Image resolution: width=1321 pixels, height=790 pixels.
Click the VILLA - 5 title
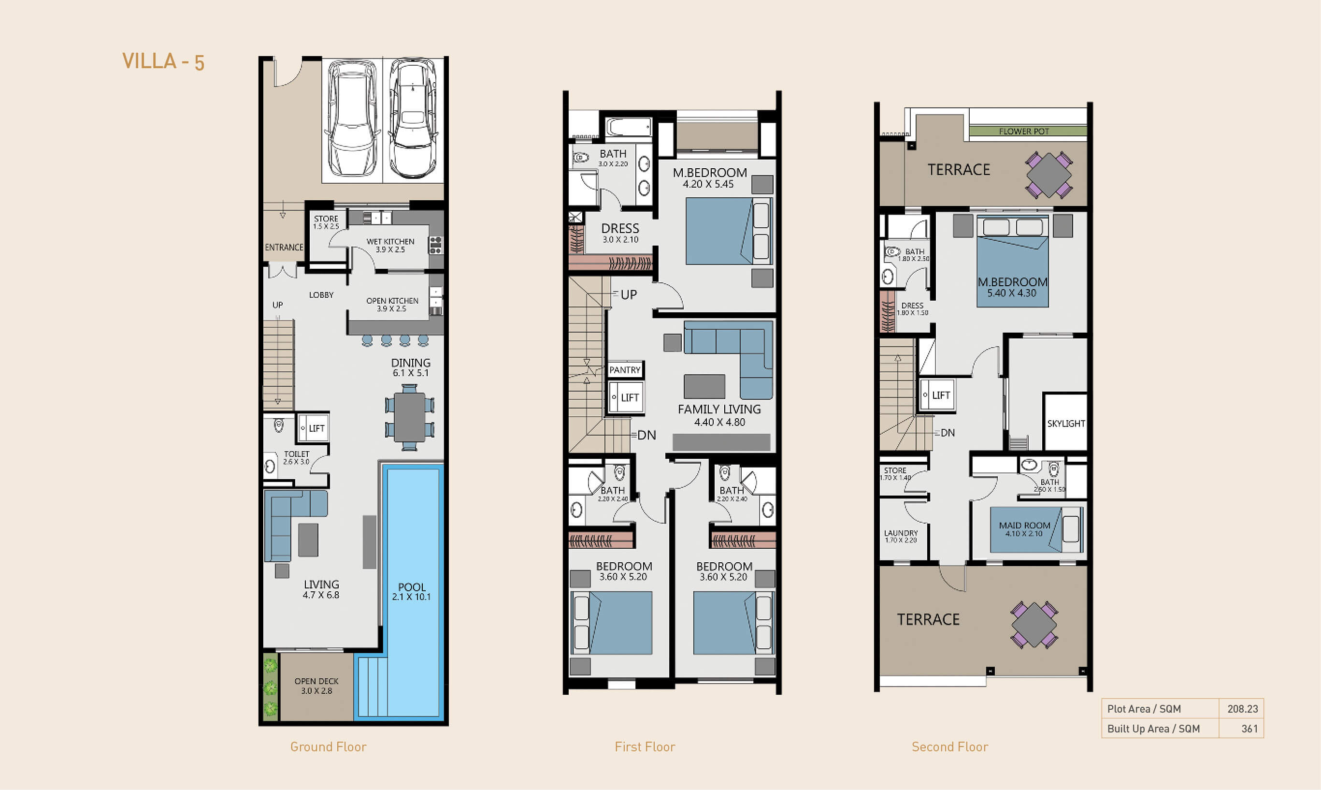(x=163, y=61)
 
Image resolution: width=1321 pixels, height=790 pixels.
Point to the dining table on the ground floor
(x=410, y=417)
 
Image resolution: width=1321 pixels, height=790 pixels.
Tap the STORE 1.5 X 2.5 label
(x=326, y=222)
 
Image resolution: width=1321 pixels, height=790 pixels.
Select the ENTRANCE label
(x=284, y=248)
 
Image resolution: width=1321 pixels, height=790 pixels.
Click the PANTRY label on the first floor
(x=625, y=370)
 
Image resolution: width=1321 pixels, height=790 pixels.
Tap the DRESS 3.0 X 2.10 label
(x=620, y=233)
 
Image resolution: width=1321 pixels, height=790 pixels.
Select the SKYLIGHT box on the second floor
(x=1065, y=423)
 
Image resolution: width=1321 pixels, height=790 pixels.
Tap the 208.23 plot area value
(x=1243, y=709)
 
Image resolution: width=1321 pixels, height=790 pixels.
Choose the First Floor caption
(x=645, y=747)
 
